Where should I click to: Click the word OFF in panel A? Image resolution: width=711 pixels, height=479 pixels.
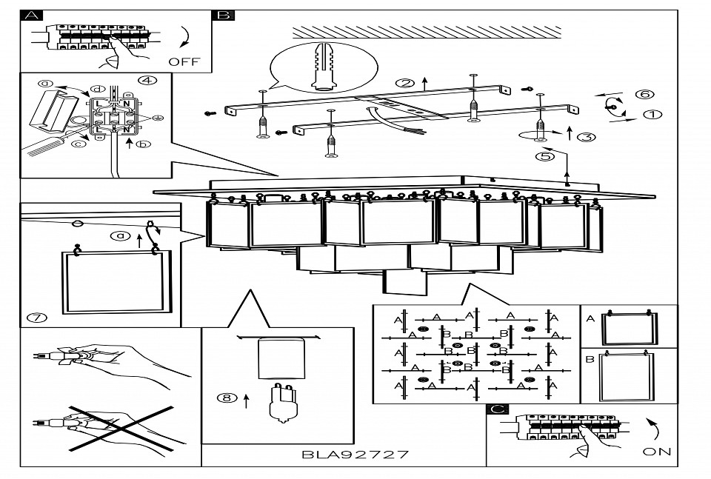click(184, 61)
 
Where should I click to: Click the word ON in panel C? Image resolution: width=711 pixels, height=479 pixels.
click(657, 452)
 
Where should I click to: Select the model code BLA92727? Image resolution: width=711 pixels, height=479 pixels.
click(355, 454)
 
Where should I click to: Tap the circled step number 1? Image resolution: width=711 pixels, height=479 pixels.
click(652, 115)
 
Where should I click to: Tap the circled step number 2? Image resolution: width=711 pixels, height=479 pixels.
click(404, 83)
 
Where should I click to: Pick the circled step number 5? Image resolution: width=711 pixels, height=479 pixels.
click(547, 156)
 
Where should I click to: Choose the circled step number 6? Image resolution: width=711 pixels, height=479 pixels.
click(645, 94)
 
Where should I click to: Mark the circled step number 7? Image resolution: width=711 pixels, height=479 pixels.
click(36, 318)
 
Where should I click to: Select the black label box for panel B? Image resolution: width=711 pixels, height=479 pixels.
click(223, 15)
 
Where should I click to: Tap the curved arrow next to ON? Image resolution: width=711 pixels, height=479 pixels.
click(654, 428)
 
